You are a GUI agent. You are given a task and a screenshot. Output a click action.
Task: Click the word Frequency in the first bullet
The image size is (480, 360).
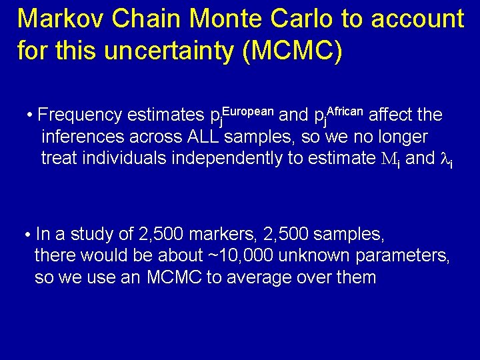pyautogui.click(x=80, y=115)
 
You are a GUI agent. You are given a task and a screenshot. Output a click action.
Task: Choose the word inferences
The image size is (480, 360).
pyautogui.click(x=83, y=137)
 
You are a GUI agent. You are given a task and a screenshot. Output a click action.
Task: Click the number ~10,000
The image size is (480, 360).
pyautogui.click(x=243, y=255)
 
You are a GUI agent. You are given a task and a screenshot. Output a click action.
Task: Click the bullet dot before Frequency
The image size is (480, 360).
pyautogui.click(x=31, y=115)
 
